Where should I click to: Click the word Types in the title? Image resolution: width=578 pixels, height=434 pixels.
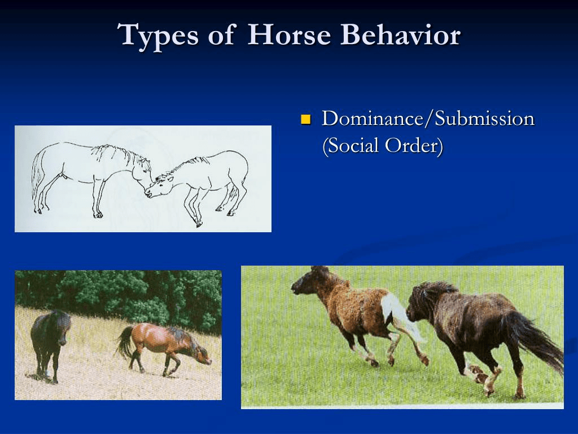(x=157, y=36)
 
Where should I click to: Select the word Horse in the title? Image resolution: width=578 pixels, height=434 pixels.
(x=289, y=34)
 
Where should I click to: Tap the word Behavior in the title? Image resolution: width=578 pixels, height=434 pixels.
(x=400, y=34)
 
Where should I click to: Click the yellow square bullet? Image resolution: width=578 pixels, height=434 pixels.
(x=305, y=120)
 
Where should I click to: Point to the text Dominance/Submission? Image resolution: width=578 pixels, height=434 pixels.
(x=428, y=119)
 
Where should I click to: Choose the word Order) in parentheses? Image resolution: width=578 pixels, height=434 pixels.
(x=414, y=145)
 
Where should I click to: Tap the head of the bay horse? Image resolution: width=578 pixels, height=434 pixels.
(x=202, y=354)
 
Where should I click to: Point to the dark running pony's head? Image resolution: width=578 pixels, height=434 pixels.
(x=420, y=303)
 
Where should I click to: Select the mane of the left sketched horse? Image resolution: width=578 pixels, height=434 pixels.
(x=118, y=153)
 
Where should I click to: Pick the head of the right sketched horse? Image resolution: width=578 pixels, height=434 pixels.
(x=159, y=186)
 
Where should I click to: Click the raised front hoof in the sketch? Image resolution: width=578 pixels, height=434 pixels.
(x=199, y=224)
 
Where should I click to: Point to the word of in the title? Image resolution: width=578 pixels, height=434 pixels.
(x=222, y=35)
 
